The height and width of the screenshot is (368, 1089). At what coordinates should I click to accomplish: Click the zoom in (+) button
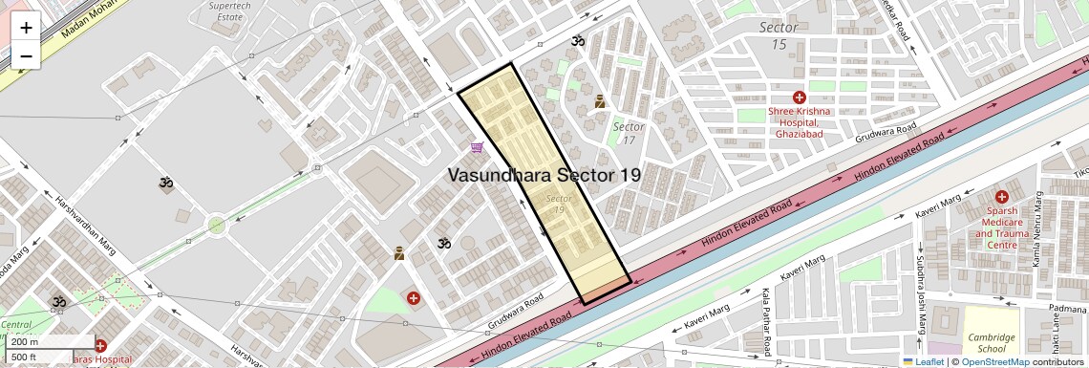click(26, 27)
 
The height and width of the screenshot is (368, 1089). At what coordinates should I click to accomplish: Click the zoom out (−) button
click(26, 55)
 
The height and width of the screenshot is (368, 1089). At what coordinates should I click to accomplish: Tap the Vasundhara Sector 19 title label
click(544, 175)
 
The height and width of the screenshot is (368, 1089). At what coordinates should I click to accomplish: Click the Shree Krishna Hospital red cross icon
click(799, 97)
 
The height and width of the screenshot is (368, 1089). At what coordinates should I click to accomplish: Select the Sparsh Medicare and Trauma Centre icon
click(1000, 196)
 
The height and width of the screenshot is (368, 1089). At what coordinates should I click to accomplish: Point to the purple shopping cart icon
click(477, 147)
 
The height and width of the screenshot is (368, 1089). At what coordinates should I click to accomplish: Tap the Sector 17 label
click(629, 134)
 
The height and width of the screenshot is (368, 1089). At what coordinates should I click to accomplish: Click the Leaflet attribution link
click(923, 361)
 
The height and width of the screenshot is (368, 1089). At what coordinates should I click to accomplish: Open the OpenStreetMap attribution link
click(994, 361)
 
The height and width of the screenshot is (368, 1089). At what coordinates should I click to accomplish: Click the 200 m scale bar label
click(26, 341)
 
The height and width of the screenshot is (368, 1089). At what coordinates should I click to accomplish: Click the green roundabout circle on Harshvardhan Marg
click(217, 226)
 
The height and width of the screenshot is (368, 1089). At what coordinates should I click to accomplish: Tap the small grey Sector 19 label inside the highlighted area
click(558, 204)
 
